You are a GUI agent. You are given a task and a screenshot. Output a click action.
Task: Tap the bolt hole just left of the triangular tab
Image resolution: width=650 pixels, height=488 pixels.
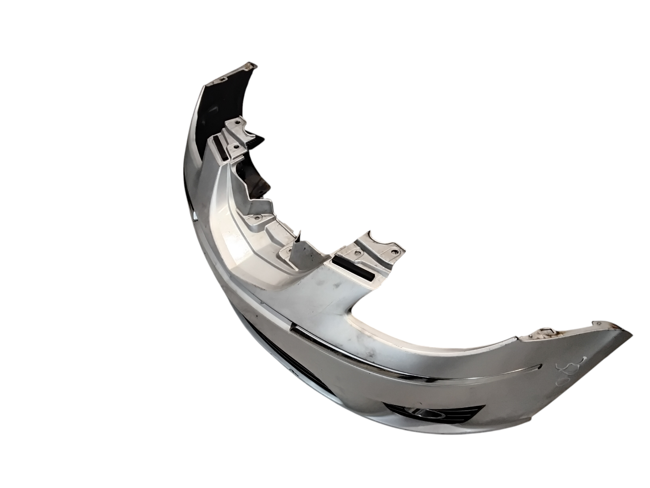coord(288,251)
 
